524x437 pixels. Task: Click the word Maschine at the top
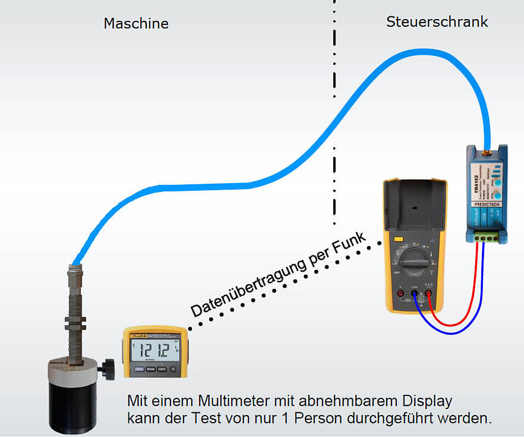136,24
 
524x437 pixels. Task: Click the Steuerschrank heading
437,22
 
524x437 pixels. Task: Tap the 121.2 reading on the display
153,350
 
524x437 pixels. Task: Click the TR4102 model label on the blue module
476,181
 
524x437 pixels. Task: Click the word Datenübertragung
248,290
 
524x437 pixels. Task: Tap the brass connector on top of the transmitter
486,149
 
